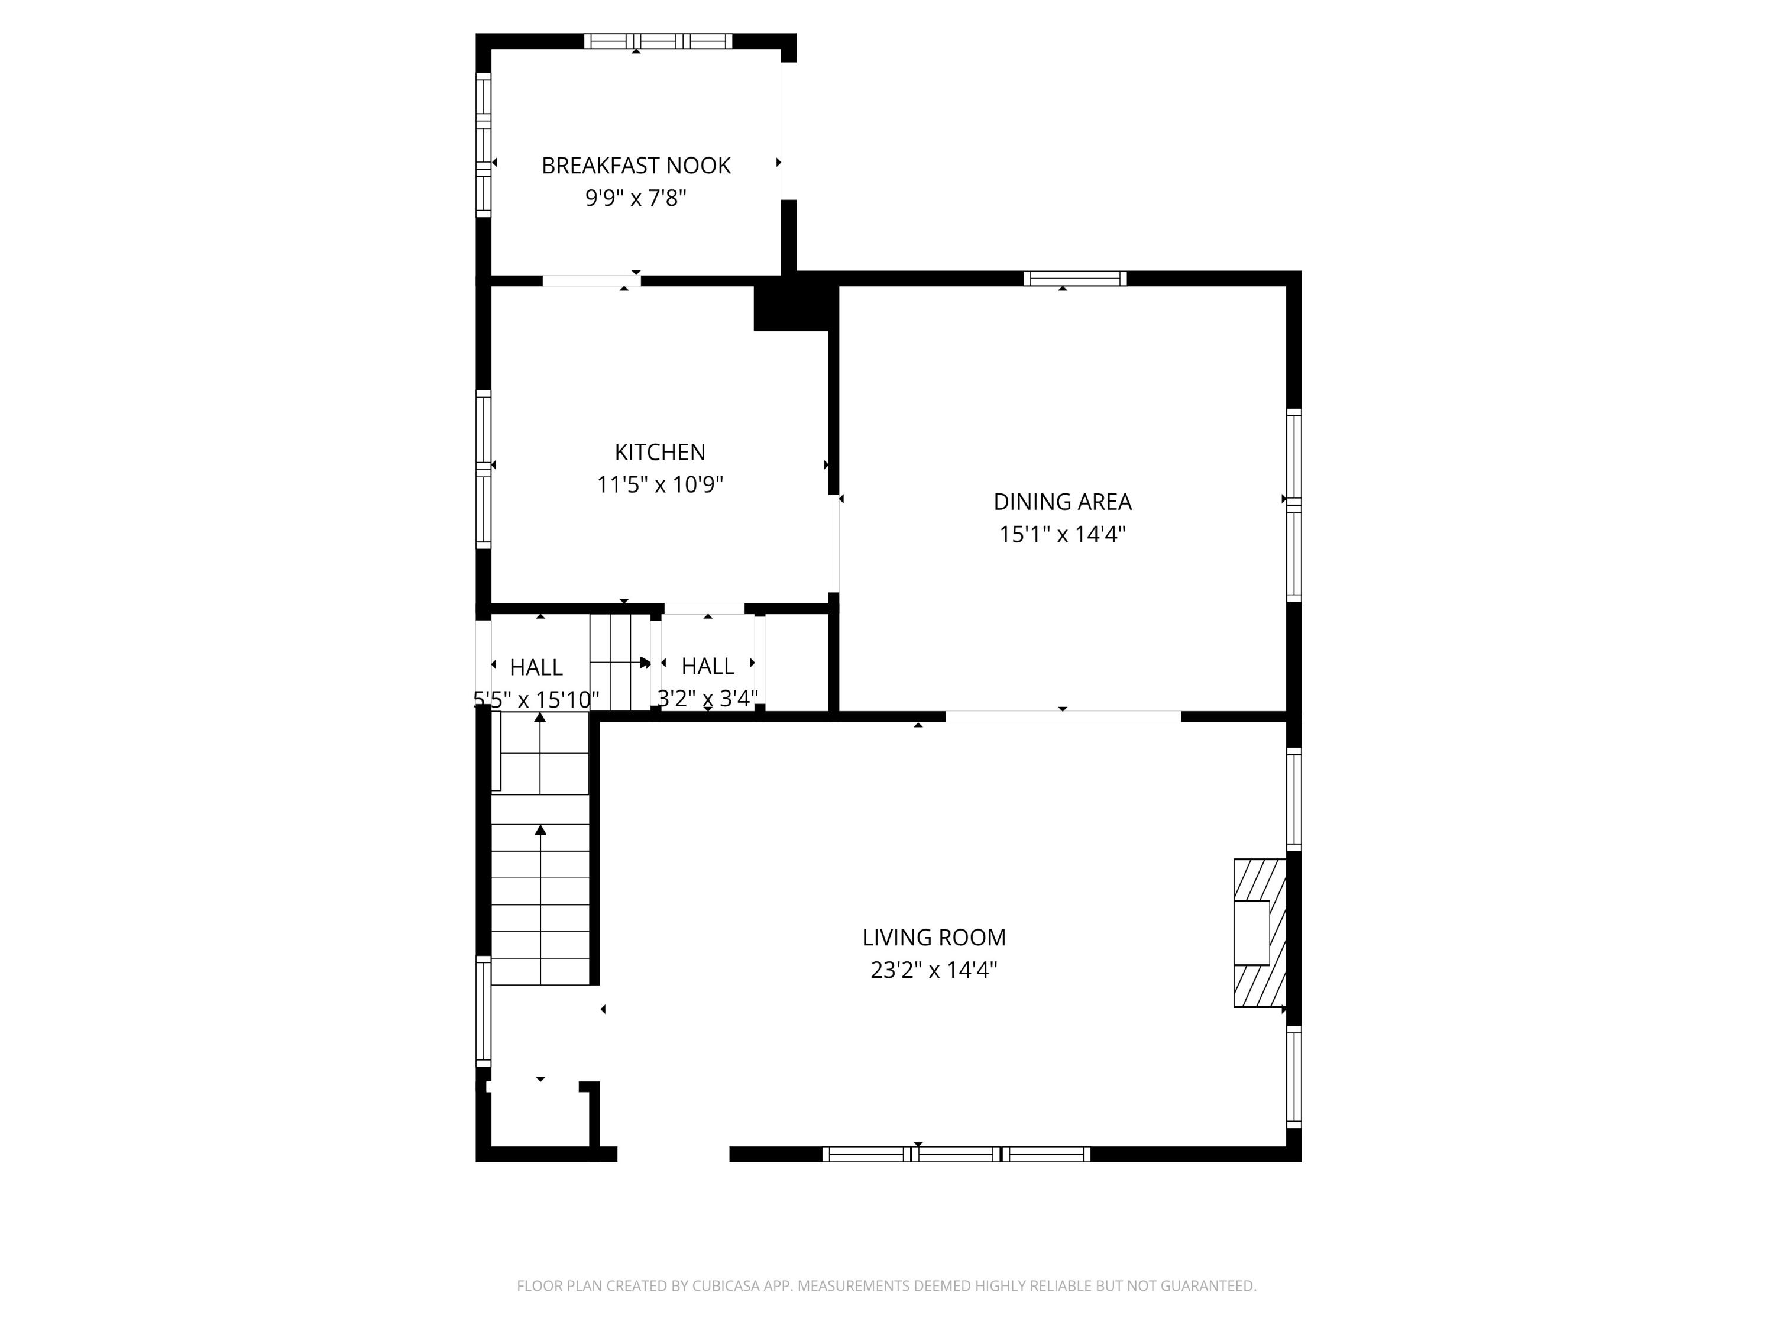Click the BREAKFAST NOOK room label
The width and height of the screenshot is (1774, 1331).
(x=635, y=165)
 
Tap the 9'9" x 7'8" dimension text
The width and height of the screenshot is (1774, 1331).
(x=635, y=198)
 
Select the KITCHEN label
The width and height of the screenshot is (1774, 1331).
(x=659, y=453)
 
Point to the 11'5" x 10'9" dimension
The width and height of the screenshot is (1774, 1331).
(x=659, y=484)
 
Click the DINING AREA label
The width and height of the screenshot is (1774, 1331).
(x=1062, y=502)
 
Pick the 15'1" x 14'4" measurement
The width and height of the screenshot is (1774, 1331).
(x=1062, y=534)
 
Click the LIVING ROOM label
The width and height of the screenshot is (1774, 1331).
(x=934, y=937)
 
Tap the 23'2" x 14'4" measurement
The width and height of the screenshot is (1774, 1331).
(x=934, y=970)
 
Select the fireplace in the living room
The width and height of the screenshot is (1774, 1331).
(x=1258, y=932)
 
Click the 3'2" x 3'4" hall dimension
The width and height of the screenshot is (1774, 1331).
(x=707, y=699)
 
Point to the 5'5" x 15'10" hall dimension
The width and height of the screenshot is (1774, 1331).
(x=536, y=700)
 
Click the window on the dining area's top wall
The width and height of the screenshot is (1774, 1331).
(x=1074, y=279)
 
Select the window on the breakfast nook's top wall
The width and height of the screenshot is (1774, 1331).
(x=658, y=41)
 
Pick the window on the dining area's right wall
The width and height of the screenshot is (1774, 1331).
(x=1294, y=505)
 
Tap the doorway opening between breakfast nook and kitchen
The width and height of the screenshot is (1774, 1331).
(x=591, y=281)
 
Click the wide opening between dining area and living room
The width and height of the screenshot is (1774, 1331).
(x=1063, y=716)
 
